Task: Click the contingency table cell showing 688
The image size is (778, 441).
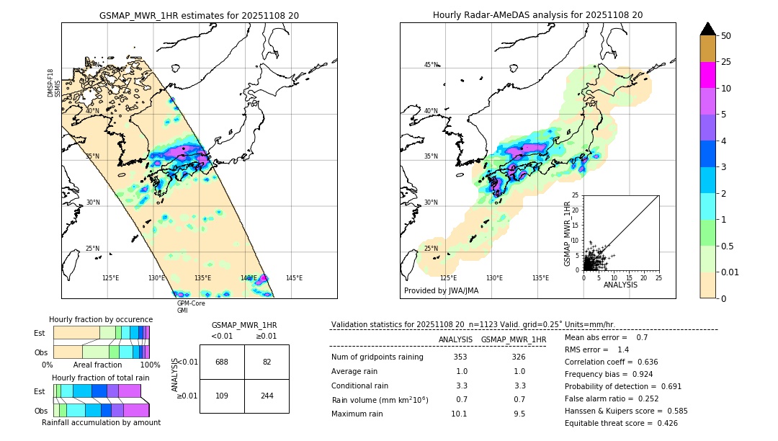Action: click(x=222, y=362)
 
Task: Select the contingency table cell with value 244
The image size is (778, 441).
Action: click(x=267, y=396)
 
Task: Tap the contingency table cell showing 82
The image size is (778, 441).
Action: click(x=267, y=362)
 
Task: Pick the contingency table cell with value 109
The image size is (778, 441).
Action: click(x=222, y=396)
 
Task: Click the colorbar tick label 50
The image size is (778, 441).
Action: click(x=726, y=36)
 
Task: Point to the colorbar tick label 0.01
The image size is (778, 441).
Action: click(x=730, y=272)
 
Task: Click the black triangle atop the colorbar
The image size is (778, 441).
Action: click(x=707, y=29)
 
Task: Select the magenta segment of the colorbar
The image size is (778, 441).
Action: click(x=707, y=75)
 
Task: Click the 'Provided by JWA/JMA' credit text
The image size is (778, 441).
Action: click(x=441, y=291)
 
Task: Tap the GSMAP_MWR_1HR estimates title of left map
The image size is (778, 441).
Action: click(x=199, y=15)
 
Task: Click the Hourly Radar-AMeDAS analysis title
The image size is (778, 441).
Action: click(x=537, y=15)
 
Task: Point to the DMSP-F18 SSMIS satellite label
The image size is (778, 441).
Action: click(x=54, y=83)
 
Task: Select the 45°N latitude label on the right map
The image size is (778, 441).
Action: click(x=431, y=65)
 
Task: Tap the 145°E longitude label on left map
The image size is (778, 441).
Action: click(x=294, y=278)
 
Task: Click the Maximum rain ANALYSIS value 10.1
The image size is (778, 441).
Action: click(x=459, y=414)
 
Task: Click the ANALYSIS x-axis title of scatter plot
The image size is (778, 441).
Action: click(x=620, y=285)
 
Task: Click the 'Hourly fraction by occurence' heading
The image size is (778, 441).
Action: click(x=100, y=319)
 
